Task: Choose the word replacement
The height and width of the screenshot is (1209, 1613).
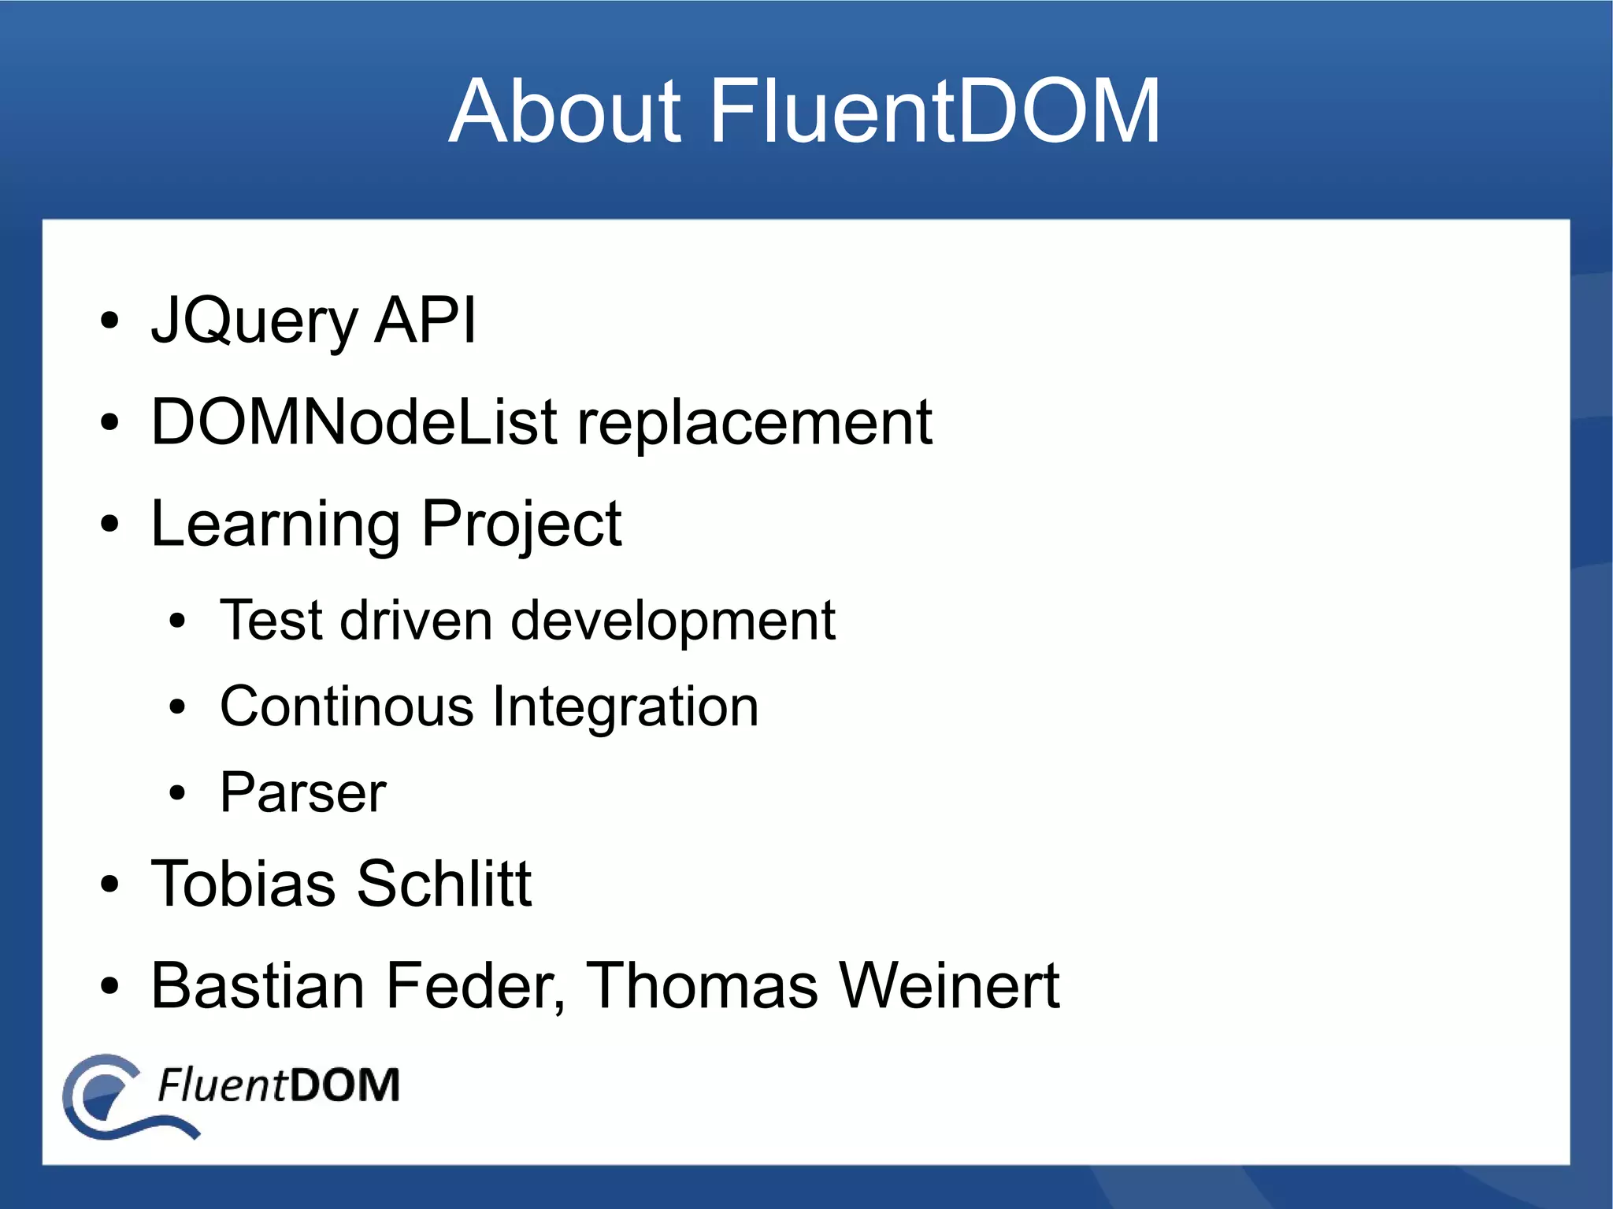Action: pos(755,424)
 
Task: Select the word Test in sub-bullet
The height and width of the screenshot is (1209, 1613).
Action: pos(271,620)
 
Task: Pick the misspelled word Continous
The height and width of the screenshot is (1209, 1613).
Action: pos(347,706)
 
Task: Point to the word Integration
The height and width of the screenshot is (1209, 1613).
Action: pos(625,707)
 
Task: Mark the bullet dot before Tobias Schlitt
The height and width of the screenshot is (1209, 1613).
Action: pos(109,884)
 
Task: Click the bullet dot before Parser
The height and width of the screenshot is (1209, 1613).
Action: pos(177,793)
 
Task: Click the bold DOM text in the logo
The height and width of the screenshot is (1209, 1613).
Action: pos(344,1085)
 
